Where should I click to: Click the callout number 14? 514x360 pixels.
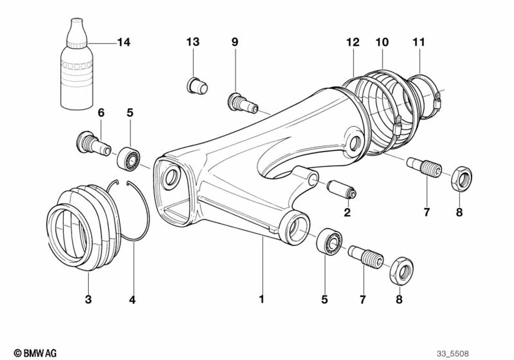click(x=123, y=42)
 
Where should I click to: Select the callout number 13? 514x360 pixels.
click(x=193, y=42)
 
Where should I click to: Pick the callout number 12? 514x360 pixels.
click(x=353, y=42)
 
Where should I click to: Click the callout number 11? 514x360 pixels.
click(x=419, y=42)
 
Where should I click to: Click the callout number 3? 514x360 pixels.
click(x=88, y=299)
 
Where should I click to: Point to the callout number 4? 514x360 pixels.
click(x=132, y=299)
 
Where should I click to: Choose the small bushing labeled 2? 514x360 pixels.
click(x=341, y=189)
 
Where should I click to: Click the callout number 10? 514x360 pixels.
click(x=382, y=42)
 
